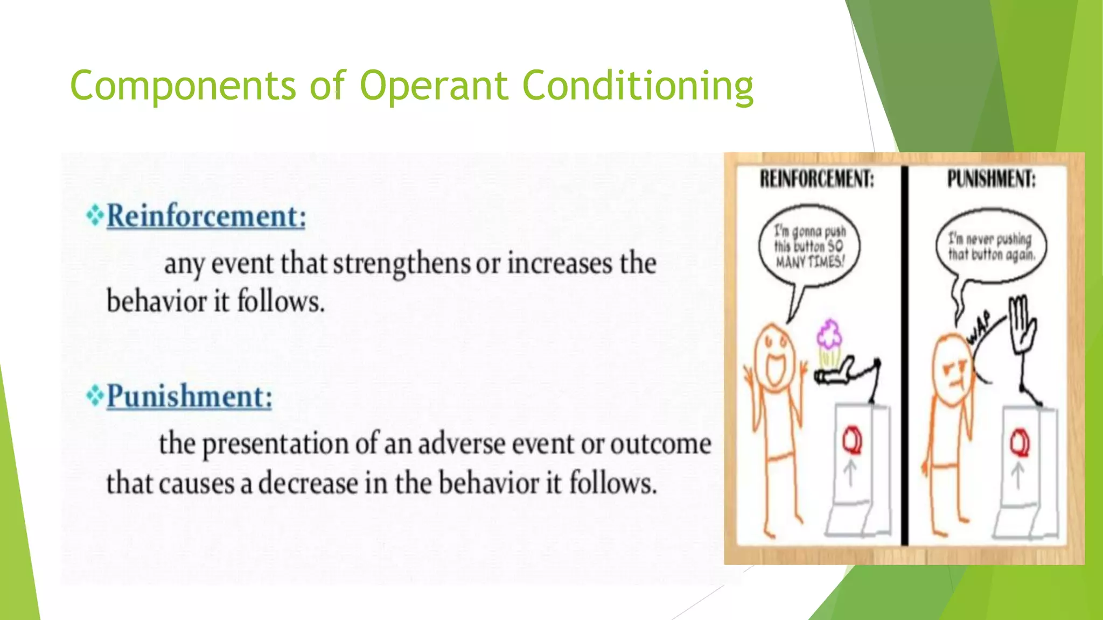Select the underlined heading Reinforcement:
click(x=206, y=216)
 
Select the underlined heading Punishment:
click(x=190, y=397)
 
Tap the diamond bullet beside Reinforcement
click(x=95, y=215)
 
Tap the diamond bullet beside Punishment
click(x=95, y=396)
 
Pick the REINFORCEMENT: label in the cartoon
click(x=816, y=179)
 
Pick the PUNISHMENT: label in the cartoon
click(x=991, y=179)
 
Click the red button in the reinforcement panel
click(x=852, y=440)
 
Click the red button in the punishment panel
click(x=1019, y=443)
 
